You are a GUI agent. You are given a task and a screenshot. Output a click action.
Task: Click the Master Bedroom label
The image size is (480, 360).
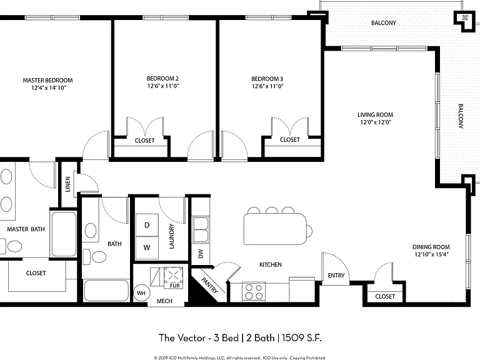(x=47, y=80)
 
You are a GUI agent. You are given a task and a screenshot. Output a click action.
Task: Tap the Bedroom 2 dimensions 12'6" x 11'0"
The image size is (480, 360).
(x=163, y=86)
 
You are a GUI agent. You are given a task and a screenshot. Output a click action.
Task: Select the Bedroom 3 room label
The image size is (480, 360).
(x=267, y=79)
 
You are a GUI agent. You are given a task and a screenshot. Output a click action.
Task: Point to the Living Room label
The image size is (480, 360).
(x=375, y=115)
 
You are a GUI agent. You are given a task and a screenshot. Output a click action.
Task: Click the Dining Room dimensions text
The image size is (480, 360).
(x=431, y=254)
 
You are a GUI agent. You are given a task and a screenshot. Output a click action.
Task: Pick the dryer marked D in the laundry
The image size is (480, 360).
(x=147, y=225)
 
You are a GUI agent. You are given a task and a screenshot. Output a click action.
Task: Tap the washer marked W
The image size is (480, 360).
(x=147, y=247)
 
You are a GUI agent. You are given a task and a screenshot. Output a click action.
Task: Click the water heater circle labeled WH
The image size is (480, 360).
(x=141, y=293)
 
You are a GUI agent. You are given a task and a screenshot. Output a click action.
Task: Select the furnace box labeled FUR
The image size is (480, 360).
(x=174, y=278)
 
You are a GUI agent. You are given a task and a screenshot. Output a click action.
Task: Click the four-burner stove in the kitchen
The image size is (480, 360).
(x=254, y=292)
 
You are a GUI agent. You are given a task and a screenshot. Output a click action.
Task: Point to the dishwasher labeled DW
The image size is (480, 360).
(x=201, y=254)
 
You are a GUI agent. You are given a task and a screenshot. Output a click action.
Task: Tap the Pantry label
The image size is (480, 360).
(x=210, y=285)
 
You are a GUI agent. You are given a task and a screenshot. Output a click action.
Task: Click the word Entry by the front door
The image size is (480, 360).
(x=336, y=276)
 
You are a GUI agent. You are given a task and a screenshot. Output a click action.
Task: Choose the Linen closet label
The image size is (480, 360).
(x=68, y=184)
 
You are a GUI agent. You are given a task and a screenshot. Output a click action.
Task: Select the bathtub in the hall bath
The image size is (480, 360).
(x=106, y=290)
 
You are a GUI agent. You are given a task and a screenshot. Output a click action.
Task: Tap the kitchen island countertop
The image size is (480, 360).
(x=275, y=229)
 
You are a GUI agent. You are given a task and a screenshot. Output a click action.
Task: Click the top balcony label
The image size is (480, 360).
(x=384, y=23)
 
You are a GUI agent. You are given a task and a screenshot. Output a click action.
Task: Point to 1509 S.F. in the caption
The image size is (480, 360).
(x=301, y=338)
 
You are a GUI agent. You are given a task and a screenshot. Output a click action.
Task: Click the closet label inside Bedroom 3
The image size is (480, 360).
(x=290, y=140)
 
